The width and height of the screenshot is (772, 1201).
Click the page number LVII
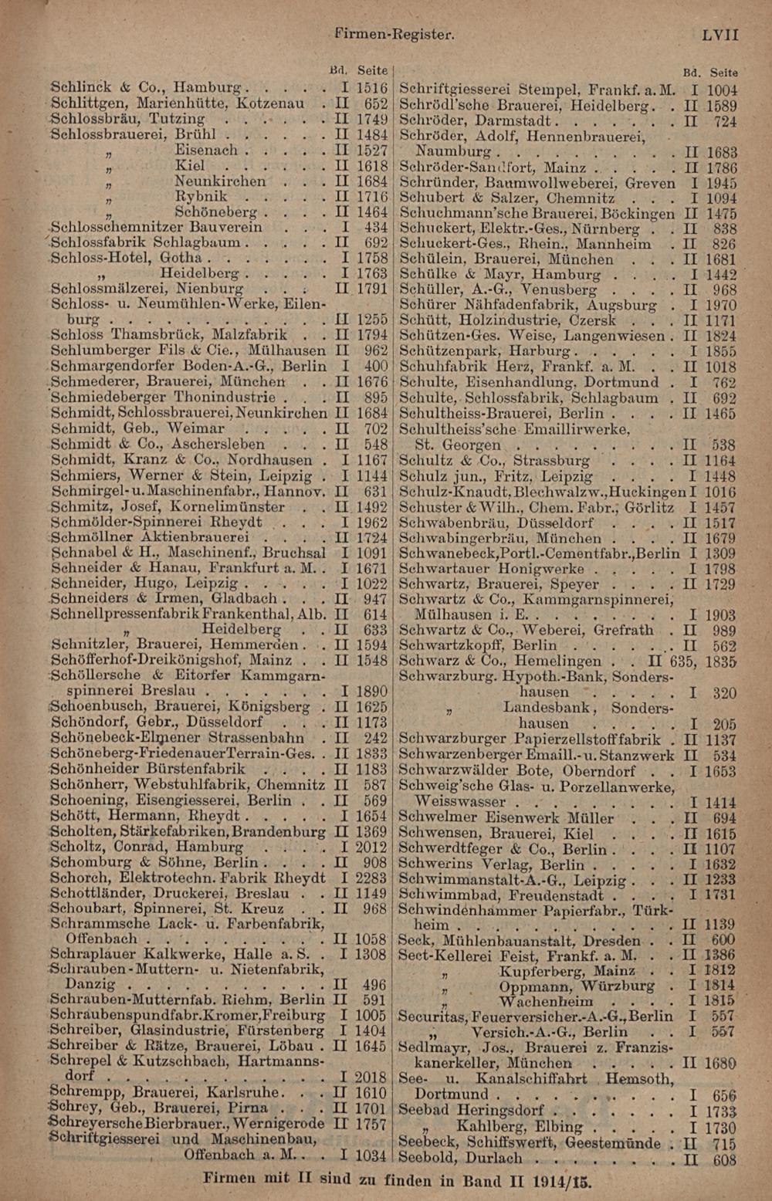(x=720, y=35)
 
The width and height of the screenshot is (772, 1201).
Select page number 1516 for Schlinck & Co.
(x=371, y=88)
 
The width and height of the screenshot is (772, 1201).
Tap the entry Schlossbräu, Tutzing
(x=128, y=119)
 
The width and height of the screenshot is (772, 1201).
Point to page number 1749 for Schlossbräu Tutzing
(x=371, y=119)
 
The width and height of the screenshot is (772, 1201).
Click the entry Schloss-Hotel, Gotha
(x=127, y=258)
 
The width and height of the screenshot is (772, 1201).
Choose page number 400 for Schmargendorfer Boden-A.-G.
(x=375, y=366)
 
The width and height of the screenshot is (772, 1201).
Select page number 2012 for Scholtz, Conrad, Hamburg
(x=371, y=847)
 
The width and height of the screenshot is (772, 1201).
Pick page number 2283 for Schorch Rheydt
(x=371, y=878)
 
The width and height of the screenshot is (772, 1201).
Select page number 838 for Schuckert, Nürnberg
(x=724, y=229)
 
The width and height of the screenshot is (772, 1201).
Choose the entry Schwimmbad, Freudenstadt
(x=501, y=895)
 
